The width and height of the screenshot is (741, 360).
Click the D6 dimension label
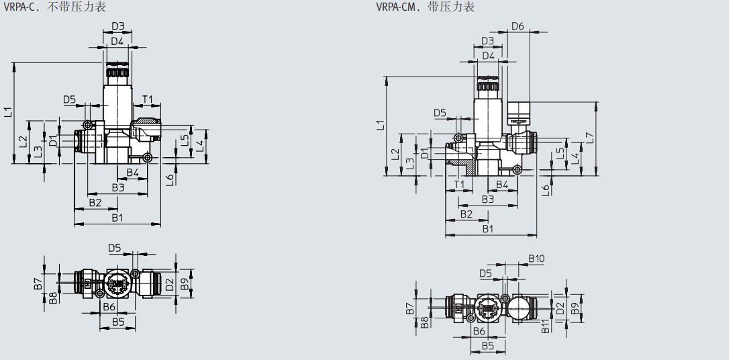[x=517, y=26]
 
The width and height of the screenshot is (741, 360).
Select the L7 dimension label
[x=590, y=137]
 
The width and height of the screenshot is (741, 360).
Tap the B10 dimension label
[x=536, y=259]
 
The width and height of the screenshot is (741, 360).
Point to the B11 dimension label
[x=545, y=326]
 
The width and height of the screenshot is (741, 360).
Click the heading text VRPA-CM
[x=397, y=7]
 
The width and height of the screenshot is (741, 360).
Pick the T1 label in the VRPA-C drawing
[x=148, y=99]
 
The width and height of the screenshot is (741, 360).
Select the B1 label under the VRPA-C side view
[x=117, y=218]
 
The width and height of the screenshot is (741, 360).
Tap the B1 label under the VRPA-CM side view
[x=489, y=228]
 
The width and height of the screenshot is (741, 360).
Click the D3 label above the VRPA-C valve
[x=118, y=26]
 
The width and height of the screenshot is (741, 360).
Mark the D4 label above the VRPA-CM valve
[x=488, y=56]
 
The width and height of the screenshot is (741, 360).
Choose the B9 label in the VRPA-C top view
[x=185, y=277]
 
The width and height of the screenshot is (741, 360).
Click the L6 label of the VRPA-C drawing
[x=170, y=179]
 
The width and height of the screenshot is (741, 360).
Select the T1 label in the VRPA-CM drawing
[x=459, y=184]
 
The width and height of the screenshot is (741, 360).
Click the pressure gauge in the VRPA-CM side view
[x=519, y=111]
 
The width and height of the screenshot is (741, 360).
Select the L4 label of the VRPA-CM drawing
[x=574, y=159]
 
